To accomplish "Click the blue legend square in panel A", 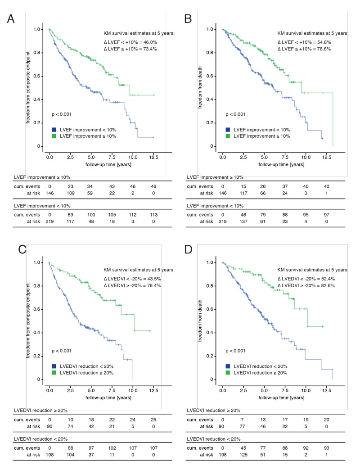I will click(54, 130).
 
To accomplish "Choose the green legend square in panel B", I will click(228, 137).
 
